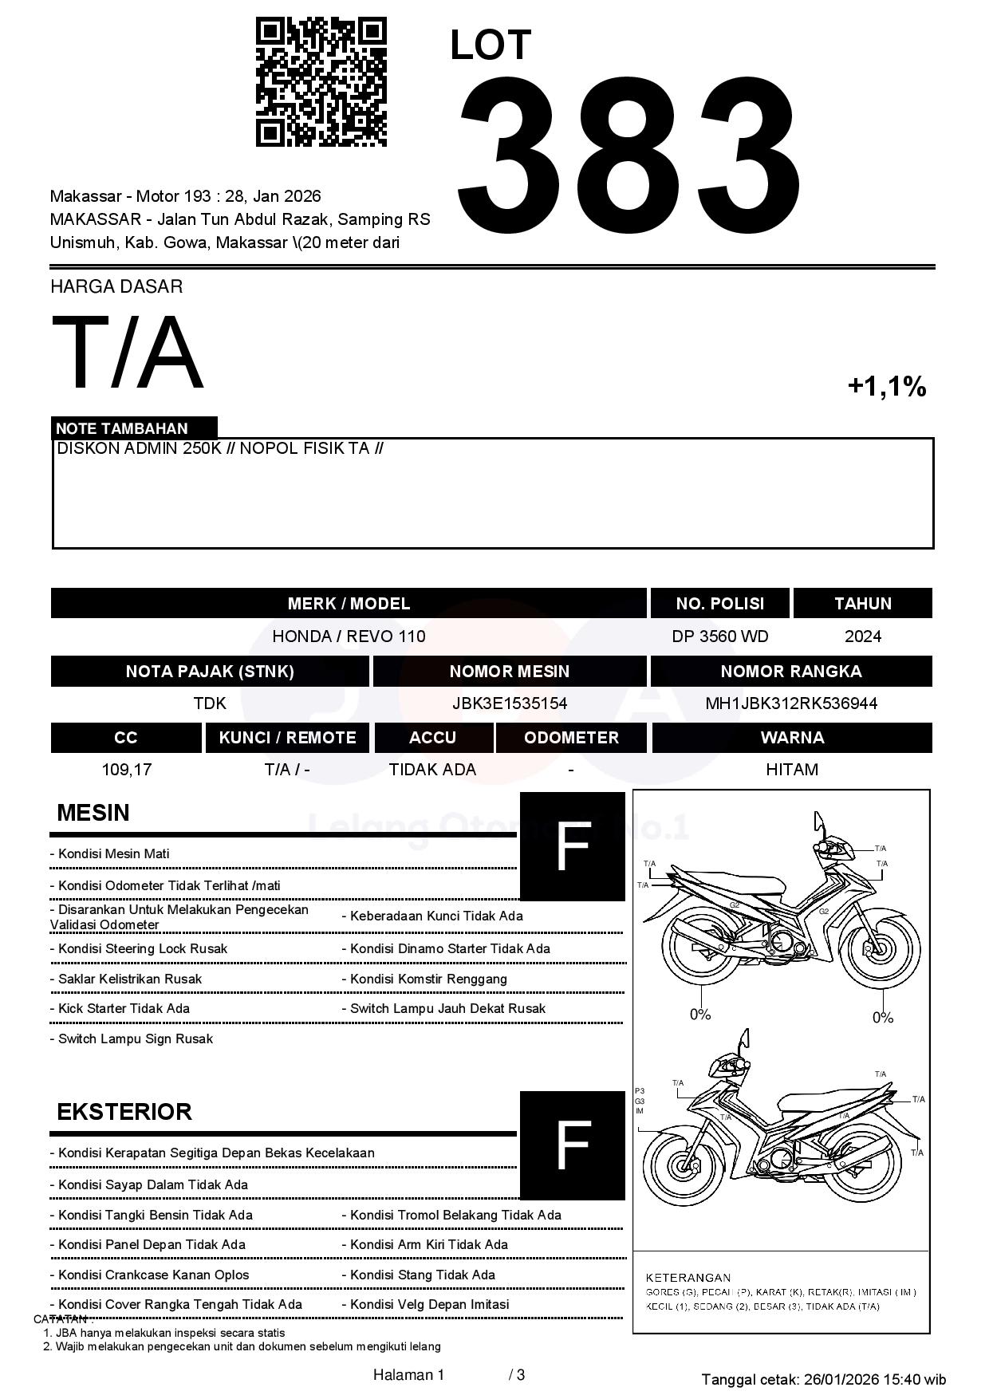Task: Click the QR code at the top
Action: [x=321, y=82]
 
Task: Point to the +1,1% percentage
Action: [x=886, y=387]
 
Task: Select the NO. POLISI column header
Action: [x=719, y=604]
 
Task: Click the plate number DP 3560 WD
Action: [x=719, y=636]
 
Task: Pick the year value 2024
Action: [x=862, y=636]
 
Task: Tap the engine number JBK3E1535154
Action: [x=509, y=703]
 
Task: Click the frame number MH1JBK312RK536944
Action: [x=790, y=703]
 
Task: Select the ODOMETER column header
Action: [x=571, y=738]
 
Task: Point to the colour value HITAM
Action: [x=791, y=770]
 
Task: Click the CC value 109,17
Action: [x=126, y=770]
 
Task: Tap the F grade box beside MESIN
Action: [x=572, y=846]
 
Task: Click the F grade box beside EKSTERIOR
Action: [x=572, y=1145]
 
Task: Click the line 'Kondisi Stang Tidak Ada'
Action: [x=422, y=1275]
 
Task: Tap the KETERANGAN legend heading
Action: [x=688, y=1277]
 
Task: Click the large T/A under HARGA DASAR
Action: [x=128, y=353]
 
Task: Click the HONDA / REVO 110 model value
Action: [x=349, y=636]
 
